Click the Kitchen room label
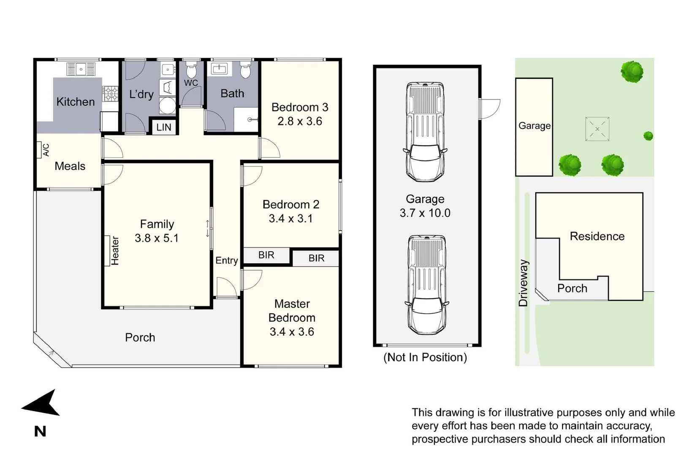(x=76, y=102)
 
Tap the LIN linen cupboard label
(x=164, y=127)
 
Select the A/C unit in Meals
(x=44, y=150)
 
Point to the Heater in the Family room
(x=113, y=250)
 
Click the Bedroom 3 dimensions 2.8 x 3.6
(x=299, y=122)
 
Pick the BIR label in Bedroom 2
(x=266, y=255)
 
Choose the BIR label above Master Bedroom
(x=316, y=258)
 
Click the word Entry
(x=226, y=261)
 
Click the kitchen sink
(x=81, y=69)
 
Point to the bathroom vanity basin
(x=219, y=68)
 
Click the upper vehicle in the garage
(x=425, y=132)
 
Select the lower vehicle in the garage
(x=427, y=285)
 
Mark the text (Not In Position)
(x=425, y=358)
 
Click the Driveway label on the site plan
(x=523, y=283)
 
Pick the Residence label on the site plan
(x=597, y=236)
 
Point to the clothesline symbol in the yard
(x=597, y=129)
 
